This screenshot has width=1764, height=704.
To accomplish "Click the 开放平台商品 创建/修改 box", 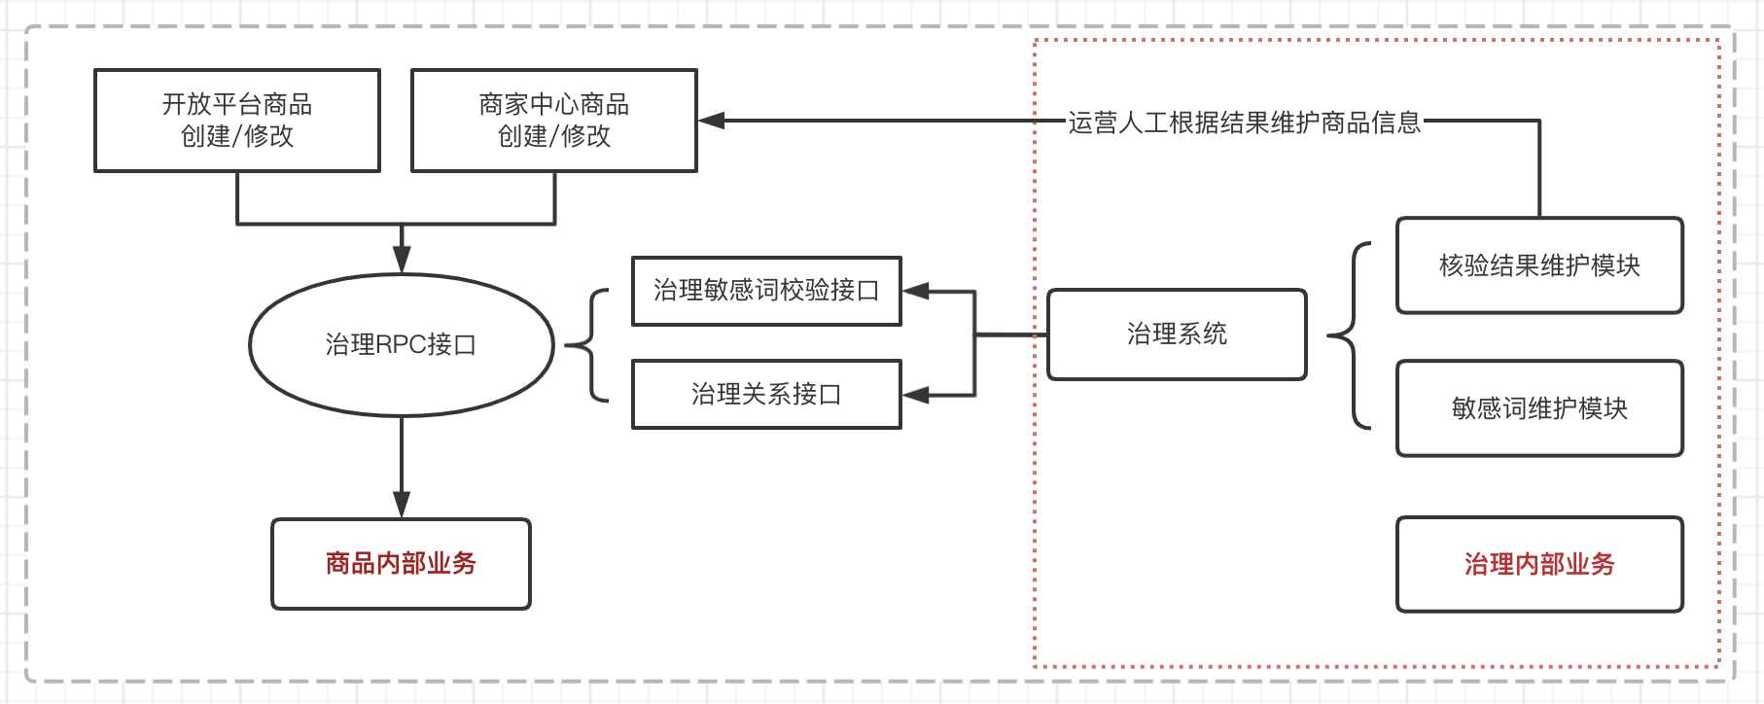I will pos(237,121).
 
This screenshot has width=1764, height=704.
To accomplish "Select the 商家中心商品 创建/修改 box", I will pos(554,121).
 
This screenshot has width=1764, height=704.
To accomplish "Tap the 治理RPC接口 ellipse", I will pos(402,345).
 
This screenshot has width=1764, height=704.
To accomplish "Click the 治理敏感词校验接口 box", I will pos(766,291).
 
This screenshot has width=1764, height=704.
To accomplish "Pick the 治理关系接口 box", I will pos(766,395).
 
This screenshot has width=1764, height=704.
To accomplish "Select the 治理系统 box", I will pos(1177,334).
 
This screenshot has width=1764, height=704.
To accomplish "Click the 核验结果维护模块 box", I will pos(1539,265).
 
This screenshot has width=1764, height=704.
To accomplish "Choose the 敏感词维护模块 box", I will pos(1539,408).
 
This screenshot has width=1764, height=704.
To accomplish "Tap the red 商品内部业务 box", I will pos(401,564).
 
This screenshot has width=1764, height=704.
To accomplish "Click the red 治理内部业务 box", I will pos(1539,565).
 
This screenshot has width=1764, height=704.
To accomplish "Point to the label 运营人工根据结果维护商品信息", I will pos(1245,123).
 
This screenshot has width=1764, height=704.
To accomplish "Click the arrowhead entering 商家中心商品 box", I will pos(712,121).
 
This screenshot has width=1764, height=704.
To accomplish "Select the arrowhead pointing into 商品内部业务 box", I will pos(402,505).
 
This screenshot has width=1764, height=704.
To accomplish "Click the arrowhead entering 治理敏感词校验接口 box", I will pos(916,291).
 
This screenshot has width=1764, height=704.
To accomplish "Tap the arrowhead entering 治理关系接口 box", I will pos(916,395).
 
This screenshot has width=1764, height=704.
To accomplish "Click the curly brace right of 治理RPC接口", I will pos(587,344).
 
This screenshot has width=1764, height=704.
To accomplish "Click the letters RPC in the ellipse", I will pos(401,345).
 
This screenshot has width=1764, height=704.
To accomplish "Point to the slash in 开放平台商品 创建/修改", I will pos(237,137).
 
